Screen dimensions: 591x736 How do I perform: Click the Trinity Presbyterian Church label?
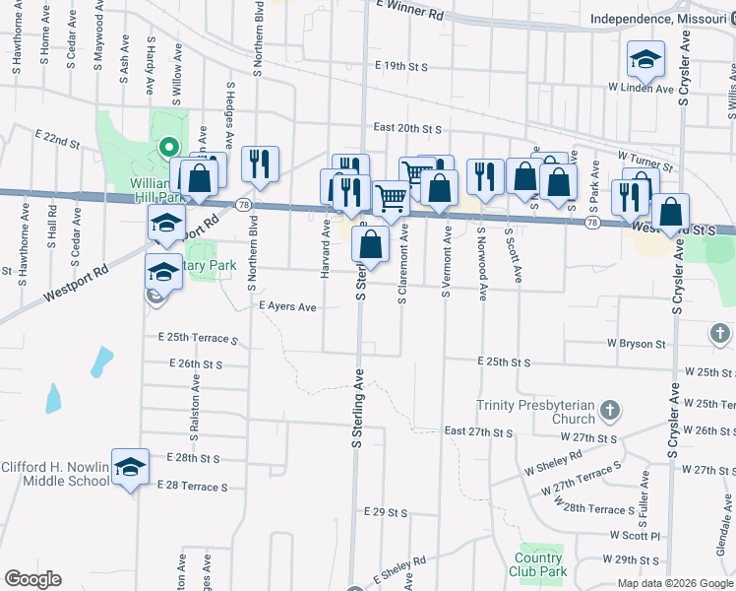pyautogui.click(x=535, y=412)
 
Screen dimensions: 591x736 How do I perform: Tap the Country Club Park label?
pyautogui.click(x=539, y=564)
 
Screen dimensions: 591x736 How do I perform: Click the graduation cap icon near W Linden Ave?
pyautogui.click(x=645, y=60)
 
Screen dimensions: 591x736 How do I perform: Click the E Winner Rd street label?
pyautogui.click(x=409, y=14)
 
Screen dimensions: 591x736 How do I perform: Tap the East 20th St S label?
pyautogui.click(x=406, y=128)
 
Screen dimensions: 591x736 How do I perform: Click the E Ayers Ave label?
pyautogui.click(x=287, y=307)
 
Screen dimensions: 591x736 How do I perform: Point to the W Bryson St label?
pyautogui.click(x=637, y=344)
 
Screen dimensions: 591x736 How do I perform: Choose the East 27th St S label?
pyautogui.click(x=479, y=432)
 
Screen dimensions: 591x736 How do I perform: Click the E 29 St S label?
pyautogui.click(x=385, y=512)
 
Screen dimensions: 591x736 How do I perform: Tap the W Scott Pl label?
pyautogui.click(x=634, y=536)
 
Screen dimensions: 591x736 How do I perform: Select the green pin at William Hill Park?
pyautogui.click(x=168, y=149)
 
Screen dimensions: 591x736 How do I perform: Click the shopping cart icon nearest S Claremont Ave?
pyautogui.click(x=392, y=198)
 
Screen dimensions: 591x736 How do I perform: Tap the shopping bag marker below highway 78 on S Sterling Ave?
pyautogui.click(x=371, y=243)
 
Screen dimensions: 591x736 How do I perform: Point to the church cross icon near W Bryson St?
pyautogui.click(x=720, y=334)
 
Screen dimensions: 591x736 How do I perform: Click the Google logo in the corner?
pyautogui.click(x=32, y=579)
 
